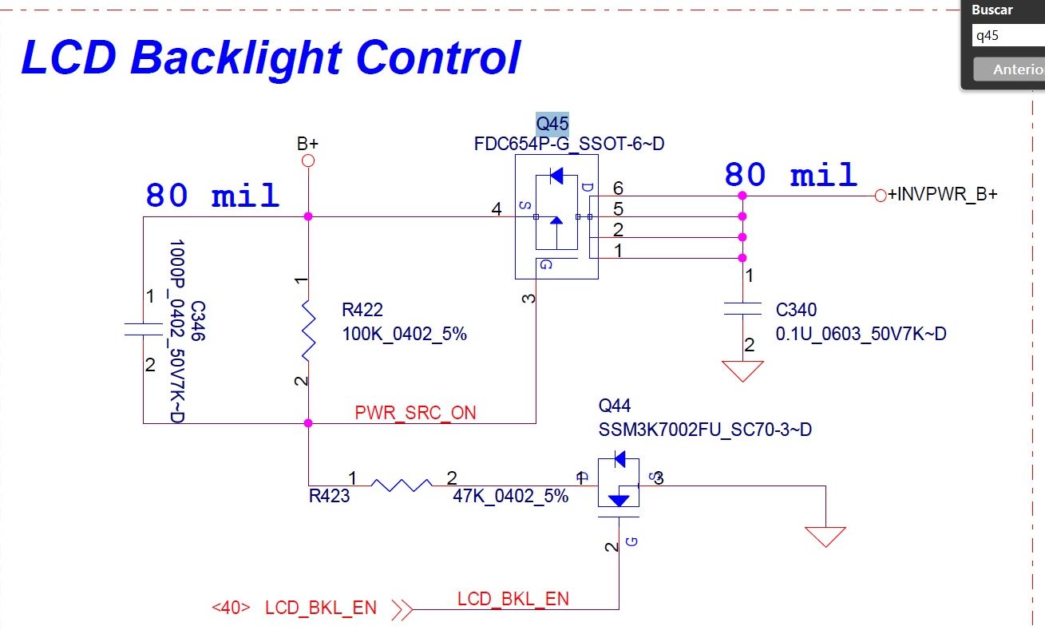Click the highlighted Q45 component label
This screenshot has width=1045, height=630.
(x=552, y=124)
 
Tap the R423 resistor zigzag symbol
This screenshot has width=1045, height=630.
(x=402, y=484)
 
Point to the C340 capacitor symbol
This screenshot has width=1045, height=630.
(x=742, y=309)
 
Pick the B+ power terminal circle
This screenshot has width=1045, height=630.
(x=308, y=161)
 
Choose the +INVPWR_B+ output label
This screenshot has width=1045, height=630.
(x=942, y=194)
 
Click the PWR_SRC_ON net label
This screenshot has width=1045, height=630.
(x=415, y=413)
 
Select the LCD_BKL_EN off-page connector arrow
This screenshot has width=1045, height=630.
(x=403, y=610)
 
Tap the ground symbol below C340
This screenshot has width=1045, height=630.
(x=742, y=371)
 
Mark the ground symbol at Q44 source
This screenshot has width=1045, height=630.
(x=825, y=537)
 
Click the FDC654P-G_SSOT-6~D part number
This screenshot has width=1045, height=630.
(x=569, y=145)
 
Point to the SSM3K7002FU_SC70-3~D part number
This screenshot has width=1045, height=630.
(x=705, y=430)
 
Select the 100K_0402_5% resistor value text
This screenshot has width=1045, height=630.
(x=404, y=334)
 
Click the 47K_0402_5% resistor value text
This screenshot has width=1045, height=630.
(x=510, y=496)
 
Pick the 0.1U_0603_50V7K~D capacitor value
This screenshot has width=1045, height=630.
(x=861, y=334)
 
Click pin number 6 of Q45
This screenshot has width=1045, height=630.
(x=617, y=188)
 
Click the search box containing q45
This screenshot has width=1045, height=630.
(x=1006, y=36)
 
